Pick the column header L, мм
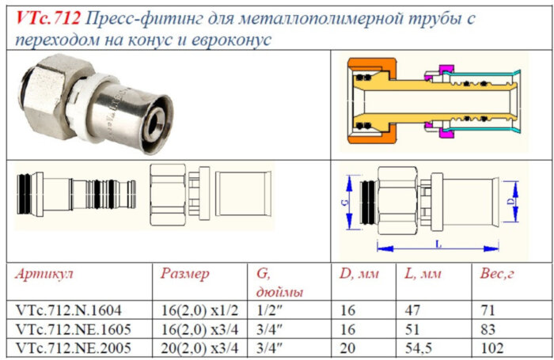[x=423, y=275]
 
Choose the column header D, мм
[x=359, y=275]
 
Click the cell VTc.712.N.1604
[x=68, y=310]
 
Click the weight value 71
[x=487, y=310]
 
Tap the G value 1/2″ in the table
[x=267, y=310]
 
